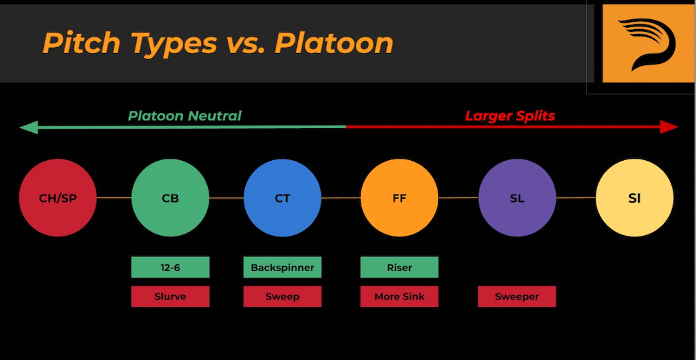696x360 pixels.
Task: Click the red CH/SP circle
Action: pos(58,197)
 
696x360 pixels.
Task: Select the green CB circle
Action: pos(171,197)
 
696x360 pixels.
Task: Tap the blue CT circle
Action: pos(282,197)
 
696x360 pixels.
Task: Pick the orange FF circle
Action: pos(400,197)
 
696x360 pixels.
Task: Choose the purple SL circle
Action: pos(517,197)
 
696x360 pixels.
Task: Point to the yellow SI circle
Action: pos(635,197)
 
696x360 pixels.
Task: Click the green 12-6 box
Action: pos(171,267)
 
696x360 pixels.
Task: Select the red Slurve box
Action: pos(171,296)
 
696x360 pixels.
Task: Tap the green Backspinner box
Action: pos(282,267)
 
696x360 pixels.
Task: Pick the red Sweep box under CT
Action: pos(282,296)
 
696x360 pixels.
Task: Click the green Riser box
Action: pos(400,267)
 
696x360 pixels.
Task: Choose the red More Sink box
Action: pos(400,296)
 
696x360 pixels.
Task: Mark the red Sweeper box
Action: pos(517,296)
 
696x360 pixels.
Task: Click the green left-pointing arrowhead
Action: pos(29,128)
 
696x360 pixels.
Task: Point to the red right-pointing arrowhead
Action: pos(669,127)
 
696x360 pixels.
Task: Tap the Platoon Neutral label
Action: pos(185,116)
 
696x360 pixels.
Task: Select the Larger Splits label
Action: pos(510,116)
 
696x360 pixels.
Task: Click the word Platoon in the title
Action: pos(334,43)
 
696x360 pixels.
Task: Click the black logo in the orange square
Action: pos(648,43)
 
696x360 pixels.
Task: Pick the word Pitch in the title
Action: pos(82,43)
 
